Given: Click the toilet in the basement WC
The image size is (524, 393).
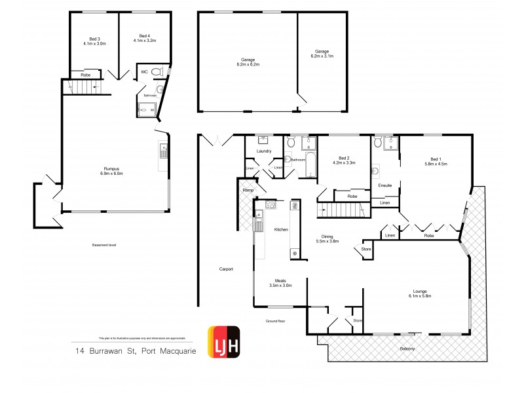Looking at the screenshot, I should click(155, 71).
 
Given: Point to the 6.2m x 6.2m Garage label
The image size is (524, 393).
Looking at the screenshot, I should click(247, 62).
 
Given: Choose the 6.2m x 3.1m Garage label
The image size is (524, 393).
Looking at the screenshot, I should click(322, 54).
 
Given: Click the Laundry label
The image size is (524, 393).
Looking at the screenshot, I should click(264, 151).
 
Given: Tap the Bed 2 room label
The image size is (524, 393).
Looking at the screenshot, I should click(346, 160).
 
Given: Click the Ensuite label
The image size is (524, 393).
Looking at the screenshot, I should click(385, 186).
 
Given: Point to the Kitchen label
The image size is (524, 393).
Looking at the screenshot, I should click(281, 229).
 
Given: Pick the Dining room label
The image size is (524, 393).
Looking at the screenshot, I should click(329, 238).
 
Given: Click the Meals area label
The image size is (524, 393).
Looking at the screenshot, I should click(280, 283).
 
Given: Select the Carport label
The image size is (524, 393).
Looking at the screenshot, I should click(226, 269).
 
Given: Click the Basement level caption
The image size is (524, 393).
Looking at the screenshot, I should click(105, 245).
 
